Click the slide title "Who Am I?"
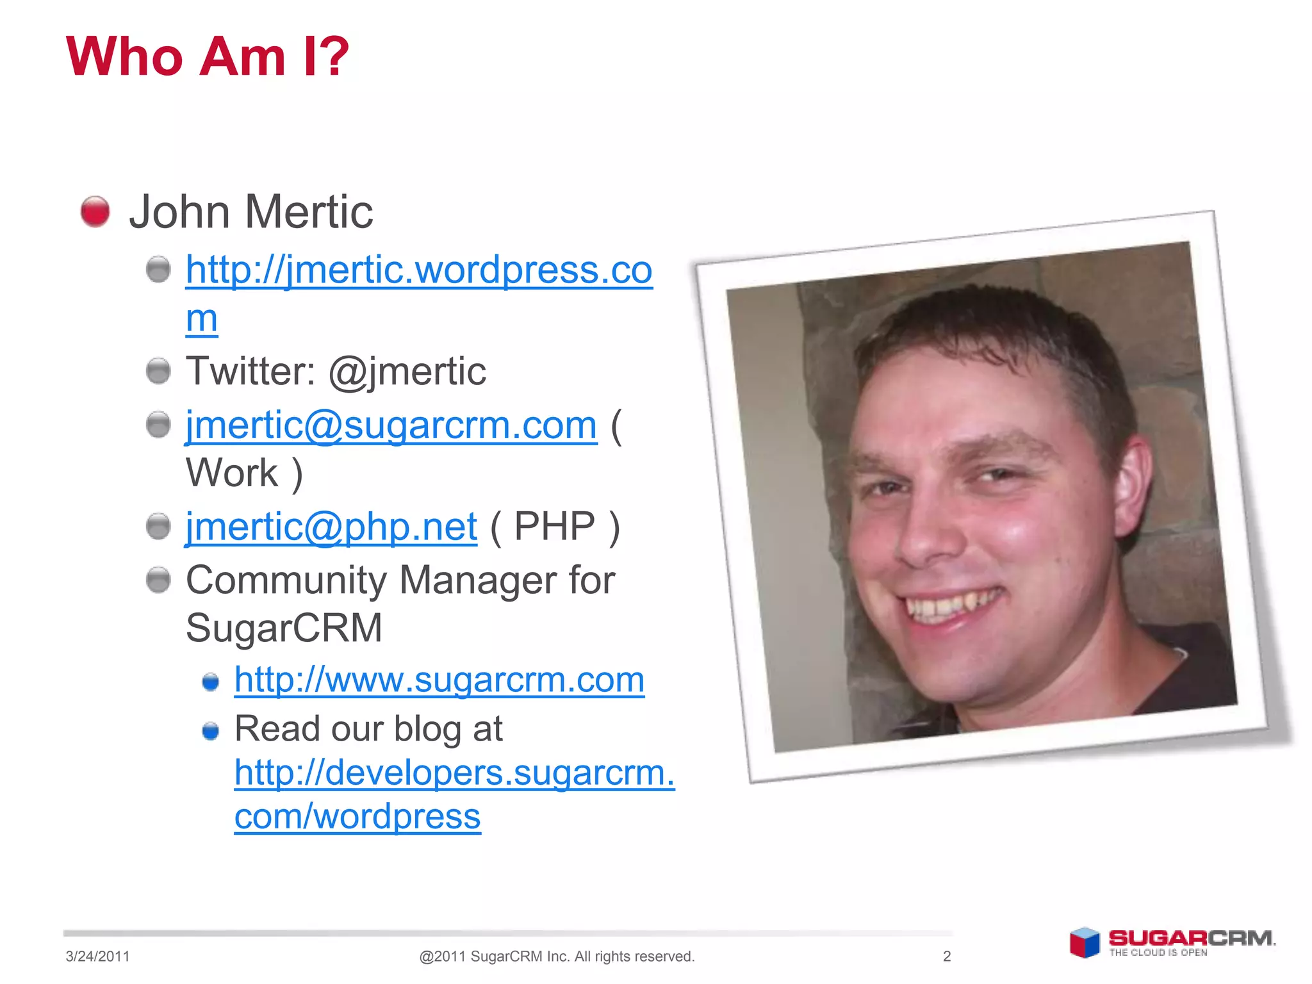[x=207, y=56]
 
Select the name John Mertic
[x=250, y=212]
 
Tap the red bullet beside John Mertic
[x=95, y=211]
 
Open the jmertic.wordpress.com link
[x=418, y=270]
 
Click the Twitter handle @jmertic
[x=407, y=372]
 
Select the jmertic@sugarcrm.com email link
[x=391, y=425]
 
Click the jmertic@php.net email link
[x=331, y=527]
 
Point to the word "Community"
[x=286, y=580]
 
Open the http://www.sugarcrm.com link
[x=439, y=680]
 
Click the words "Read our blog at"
[x=368, y=729]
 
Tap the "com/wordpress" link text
[x=357, y=817]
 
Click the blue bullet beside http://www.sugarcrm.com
[x=211, y=682]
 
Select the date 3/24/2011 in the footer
[x=97, y=956]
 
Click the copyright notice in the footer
[x=556, y=956]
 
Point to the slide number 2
[x=947, y=956]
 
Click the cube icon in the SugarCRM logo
[x=1085, y=942]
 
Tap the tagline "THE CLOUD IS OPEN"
[x=1158, y=953]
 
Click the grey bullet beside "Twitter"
[x=158, y=371]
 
